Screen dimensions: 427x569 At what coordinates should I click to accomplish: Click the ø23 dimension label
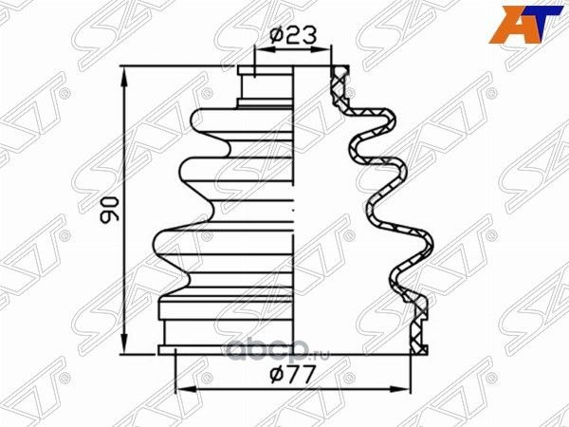292,35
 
